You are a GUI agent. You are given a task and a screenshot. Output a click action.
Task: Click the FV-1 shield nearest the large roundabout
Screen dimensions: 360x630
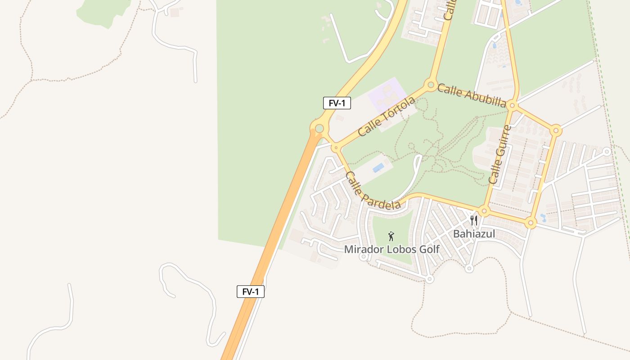click(x=337, y=103)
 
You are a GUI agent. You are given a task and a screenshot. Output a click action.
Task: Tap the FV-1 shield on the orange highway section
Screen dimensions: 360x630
click(x=251, y=292)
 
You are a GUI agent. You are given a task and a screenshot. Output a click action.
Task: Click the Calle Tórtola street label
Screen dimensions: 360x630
click(x=387, y=117)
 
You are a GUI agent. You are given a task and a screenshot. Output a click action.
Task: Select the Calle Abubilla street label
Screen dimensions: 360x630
click(x=472, y=95)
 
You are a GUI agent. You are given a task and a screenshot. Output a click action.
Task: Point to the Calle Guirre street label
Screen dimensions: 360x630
click(x=500, y=154)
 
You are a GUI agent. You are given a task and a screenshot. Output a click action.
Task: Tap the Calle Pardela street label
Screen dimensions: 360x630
click(x=373, y=190)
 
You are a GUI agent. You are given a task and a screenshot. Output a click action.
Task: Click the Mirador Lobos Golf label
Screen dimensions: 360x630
click(x=391, y=249)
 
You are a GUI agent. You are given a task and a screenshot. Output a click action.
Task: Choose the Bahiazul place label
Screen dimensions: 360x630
click(x=473, y=234)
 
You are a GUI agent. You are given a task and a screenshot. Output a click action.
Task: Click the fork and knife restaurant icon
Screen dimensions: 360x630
click(x=473, y=220)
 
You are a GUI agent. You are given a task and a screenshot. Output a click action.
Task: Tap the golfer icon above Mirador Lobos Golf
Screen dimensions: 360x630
click(x=391, y=236)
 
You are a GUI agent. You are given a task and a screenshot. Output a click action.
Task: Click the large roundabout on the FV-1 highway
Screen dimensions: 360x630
click(x=319, y=129)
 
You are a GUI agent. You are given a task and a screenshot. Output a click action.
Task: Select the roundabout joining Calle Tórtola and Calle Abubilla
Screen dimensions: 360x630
click(x=431, y=84)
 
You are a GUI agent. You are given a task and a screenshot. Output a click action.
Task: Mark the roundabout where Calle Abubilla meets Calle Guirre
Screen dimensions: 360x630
click(x=512, y=106)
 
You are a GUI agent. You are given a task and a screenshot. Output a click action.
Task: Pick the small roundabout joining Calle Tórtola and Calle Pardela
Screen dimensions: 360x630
click(x=335, y=147)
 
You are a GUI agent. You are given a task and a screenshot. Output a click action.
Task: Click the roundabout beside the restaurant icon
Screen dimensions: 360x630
click(x=484, y=211)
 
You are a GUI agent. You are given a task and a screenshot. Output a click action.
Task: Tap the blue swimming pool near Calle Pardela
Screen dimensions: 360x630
click(x=378, y=168)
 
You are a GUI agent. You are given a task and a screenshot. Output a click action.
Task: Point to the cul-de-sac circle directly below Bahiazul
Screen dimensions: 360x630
click(x=469, y=269)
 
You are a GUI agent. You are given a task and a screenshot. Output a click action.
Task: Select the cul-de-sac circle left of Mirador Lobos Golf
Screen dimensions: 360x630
click(x=363, y=257)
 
